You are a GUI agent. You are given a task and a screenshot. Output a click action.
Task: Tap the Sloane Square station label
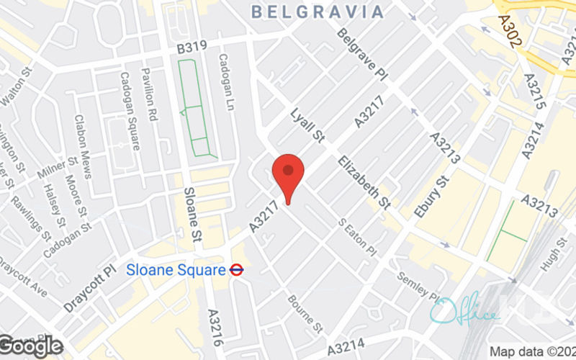tap(176, 271)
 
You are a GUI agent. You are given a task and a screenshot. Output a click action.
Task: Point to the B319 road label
tap(192, 45)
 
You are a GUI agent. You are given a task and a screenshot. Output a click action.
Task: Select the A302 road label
tap(508, 32)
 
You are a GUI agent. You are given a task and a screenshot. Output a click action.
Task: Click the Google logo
tap(32, 346)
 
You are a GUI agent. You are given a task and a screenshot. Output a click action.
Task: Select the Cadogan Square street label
tap(130, 110)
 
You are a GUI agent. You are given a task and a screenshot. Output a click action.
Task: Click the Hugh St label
tap(552, 255)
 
